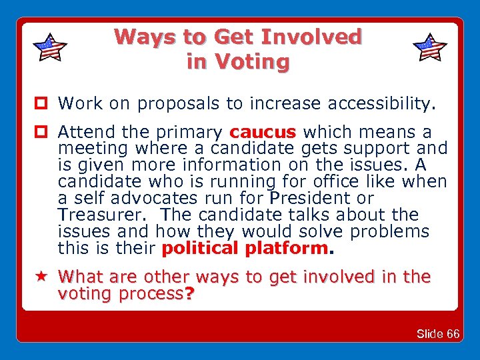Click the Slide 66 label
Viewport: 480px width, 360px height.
click(437, 334)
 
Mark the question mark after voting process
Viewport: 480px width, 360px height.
click(189, 294)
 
